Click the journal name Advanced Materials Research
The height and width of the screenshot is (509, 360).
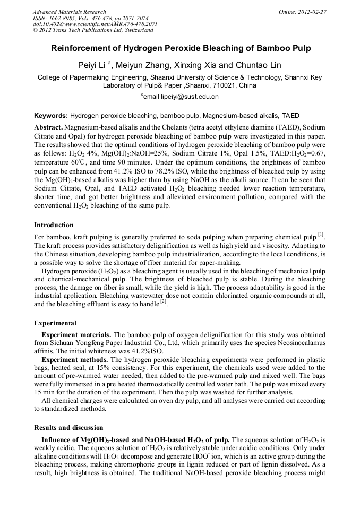point(69,12)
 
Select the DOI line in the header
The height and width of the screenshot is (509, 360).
point(95,24)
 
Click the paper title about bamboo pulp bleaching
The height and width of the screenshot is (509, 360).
point(181,48)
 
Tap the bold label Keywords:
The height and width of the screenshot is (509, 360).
point(51,115)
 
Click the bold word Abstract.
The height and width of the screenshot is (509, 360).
point(48,128)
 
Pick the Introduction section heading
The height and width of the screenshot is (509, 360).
point(54,225)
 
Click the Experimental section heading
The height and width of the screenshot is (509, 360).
point(55,323)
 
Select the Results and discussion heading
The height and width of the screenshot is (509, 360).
point(68,428)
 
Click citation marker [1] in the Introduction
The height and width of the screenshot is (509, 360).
point(321,235)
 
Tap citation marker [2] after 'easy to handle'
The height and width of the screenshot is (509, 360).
point(164,303)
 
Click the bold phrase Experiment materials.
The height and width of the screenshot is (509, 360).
point(76,334)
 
